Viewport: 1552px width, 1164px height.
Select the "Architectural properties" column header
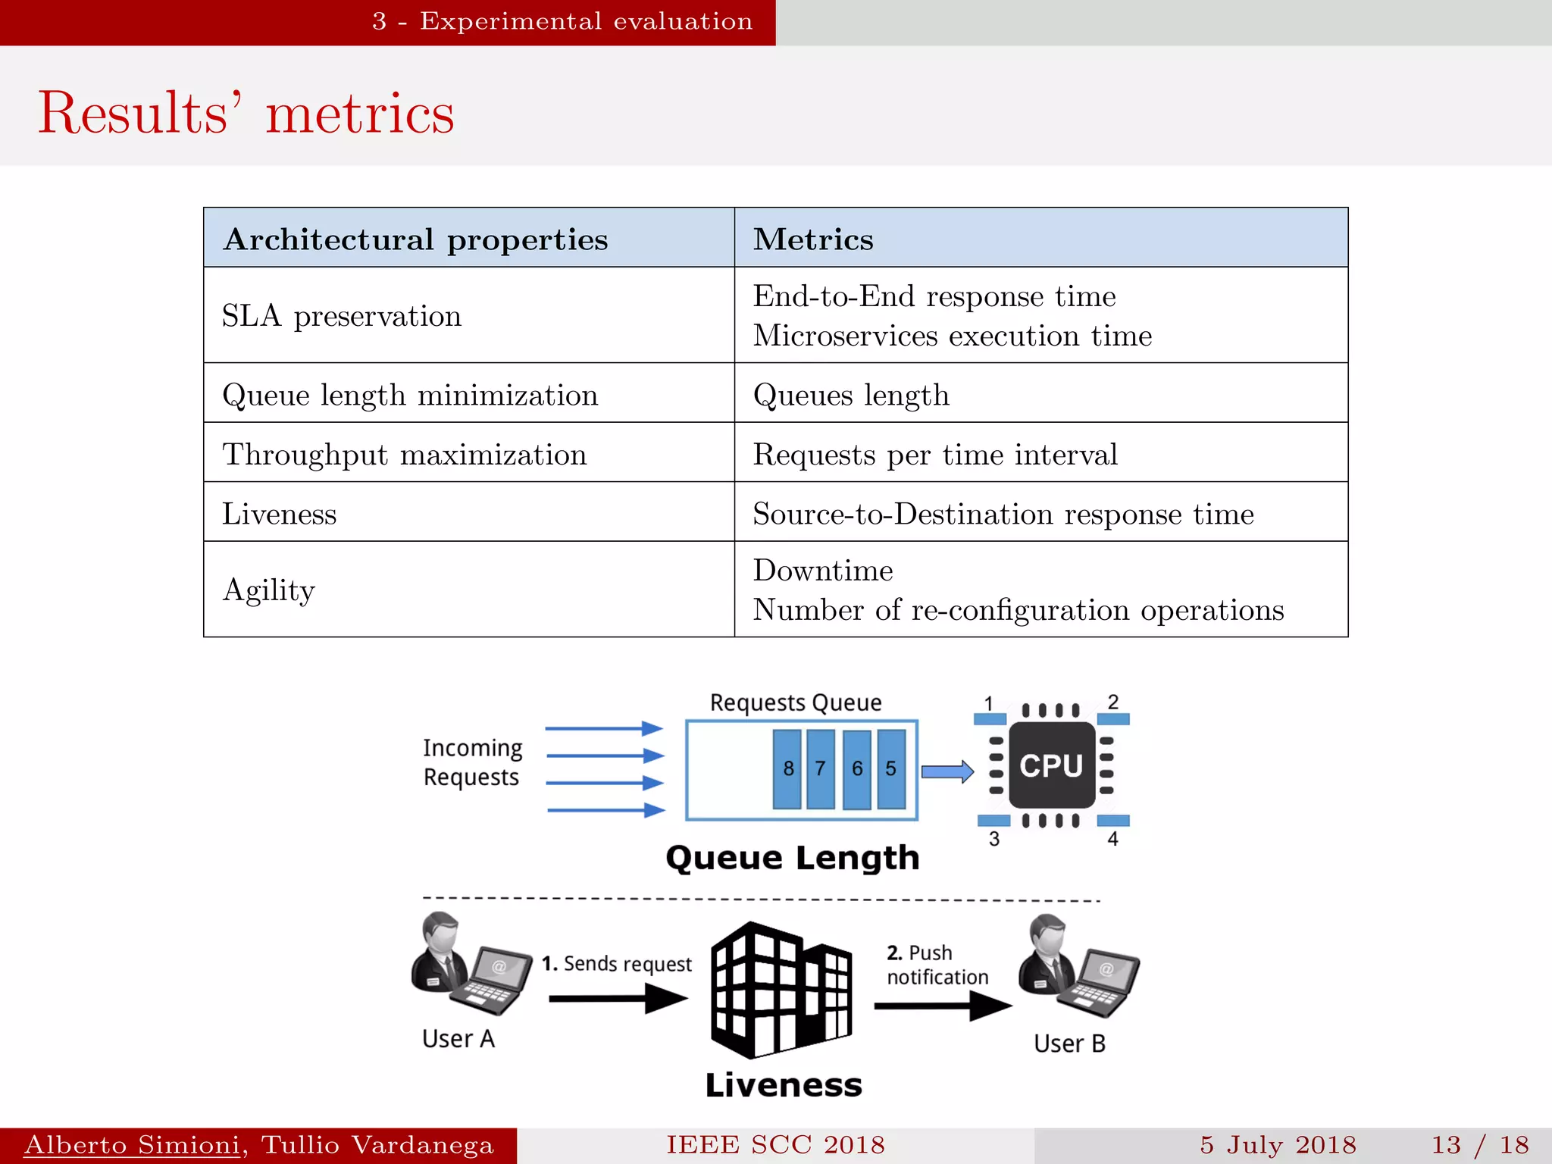click(x=415, y=239)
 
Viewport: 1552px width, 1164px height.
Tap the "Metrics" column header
click(x=813, y=239)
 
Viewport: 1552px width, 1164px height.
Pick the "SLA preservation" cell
click(x=342, y=316)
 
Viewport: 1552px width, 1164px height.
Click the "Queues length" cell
click(x=851, y=395)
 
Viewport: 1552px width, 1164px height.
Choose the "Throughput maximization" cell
click(x=405, y=455)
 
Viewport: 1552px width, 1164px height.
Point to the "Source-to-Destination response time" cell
click(x=1003, y=514)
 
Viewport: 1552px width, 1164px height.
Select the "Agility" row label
click(x=269, y=590)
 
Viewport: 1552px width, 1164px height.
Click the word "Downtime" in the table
click(x=823, y=571)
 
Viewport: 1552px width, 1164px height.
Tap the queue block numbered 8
click(x=788, y=768)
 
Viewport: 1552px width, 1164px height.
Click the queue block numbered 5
click(x=891, y=768)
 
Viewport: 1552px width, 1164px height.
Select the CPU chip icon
click(x=1052, y=765)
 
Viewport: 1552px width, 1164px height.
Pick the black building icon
click(x=781, y=989)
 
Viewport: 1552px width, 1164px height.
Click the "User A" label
click(x=458, y=1039)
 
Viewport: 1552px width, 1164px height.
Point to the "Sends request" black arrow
click(x=618, y=998)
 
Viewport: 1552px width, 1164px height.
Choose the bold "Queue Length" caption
click(x=793, y=858)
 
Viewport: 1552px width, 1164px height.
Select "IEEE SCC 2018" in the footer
click(x=775, y=1145)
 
